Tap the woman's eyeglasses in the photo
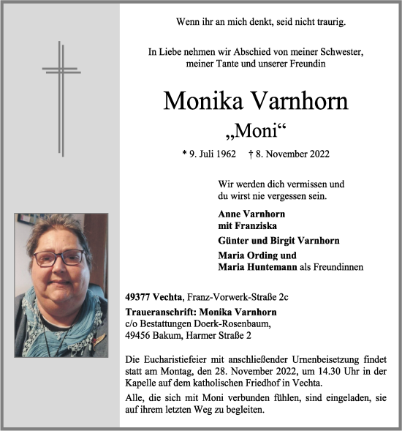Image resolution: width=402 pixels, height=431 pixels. tap(60, 257)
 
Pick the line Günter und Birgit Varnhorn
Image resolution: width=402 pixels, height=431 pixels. tap(278, 241)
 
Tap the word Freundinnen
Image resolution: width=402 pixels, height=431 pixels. tap(338, 267)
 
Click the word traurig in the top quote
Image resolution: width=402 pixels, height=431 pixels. tap(330, 23)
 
